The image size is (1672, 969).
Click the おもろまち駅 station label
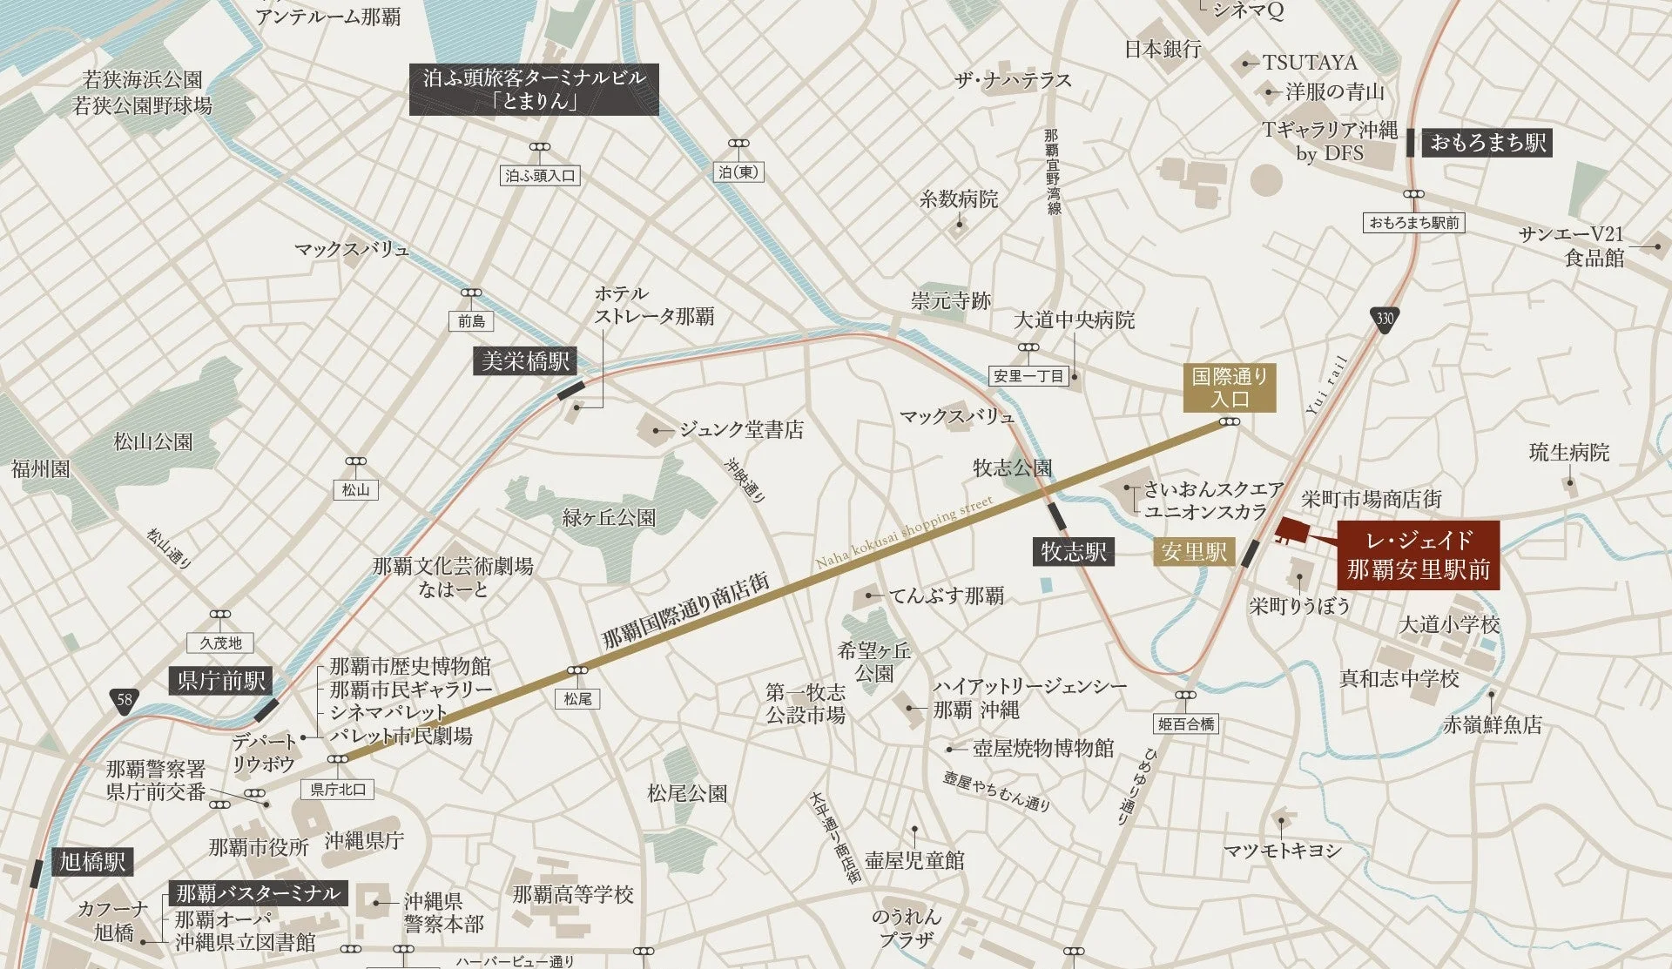(x=1487, y=142)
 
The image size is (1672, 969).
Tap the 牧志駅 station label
(x=1074, y=551)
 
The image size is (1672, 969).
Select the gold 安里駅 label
(x=1194, y=551)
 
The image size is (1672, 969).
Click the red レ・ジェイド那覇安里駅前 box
(x=1418, y=555)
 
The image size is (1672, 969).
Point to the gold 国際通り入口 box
(x=1230, y=387)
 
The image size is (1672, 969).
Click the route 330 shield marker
(x=1385, y=318)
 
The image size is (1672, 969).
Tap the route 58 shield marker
(x=125, y=699)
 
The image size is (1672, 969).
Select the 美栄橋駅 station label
(x=525, y=360)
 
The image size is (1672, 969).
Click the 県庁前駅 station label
(x=221, y=680)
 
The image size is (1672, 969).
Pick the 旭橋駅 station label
(x=91, y=862)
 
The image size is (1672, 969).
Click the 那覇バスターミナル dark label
(x=258, y=893)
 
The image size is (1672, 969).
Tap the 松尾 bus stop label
(x=577, y=698)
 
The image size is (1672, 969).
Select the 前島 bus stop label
(x=471, y=321)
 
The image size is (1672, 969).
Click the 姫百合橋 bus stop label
(x=1185, y=723)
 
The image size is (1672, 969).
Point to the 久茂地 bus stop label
(x=220, y=643)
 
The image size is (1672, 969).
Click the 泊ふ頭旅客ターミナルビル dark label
(x=534, y=89)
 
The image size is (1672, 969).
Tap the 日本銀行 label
(x=1163, y=49)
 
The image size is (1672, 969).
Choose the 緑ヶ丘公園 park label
(x=609, y=518)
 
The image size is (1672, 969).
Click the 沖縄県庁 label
(x=364, y=840)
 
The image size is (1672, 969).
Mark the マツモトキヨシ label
(x=1282, y=850)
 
